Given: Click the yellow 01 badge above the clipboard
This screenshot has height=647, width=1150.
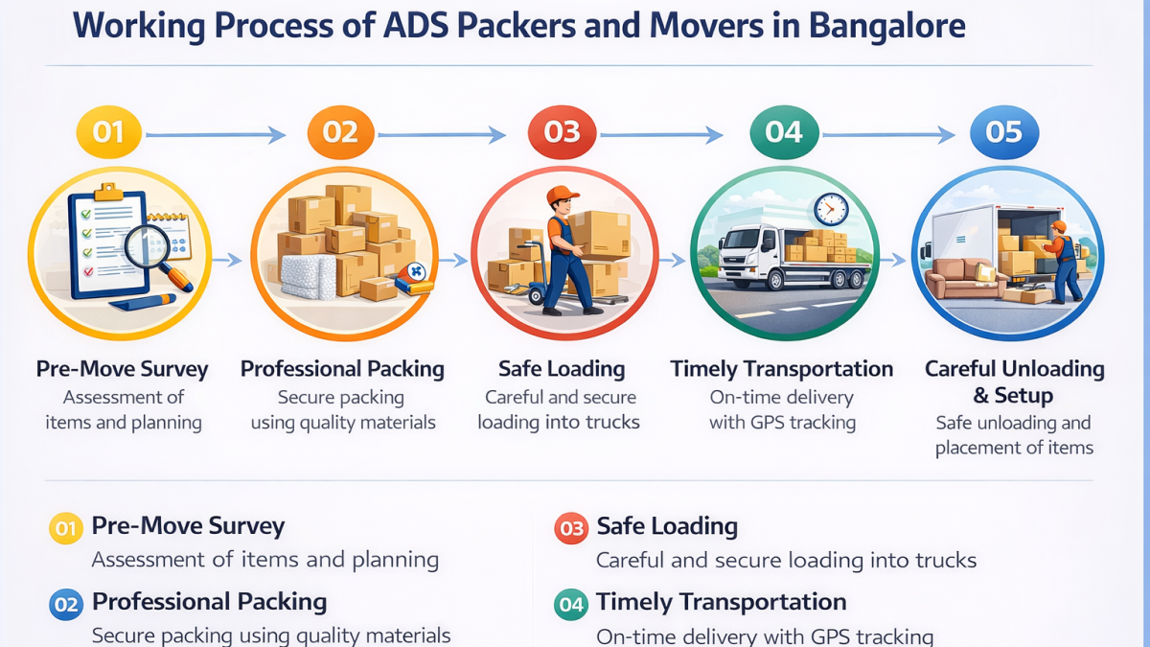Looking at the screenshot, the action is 109,132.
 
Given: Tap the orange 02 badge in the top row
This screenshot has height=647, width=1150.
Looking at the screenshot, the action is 340,132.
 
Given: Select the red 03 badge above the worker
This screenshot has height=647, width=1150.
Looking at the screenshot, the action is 562,132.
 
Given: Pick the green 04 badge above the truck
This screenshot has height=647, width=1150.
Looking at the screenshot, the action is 784,132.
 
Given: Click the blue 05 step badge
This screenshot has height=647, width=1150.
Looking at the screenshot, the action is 1004,132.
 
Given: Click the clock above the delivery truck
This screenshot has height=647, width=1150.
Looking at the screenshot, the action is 831,209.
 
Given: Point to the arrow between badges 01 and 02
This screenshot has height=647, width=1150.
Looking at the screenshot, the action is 216,135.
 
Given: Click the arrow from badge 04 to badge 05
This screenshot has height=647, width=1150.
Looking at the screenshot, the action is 888,135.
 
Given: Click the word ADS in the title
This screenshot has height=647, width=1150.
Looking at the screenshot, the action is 416,25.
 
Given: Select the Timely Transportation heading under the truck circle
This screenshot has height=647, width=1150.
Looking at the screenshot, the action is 782,369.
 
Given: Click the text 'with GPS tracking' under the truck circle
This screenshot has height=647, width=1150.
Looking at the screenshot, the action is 782,422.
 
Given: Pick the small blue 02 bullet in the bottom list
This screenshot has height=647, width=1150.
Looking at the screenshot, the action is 66,605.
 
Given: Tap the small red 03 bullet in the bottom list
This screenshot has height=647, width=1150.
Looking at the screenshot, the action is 571,528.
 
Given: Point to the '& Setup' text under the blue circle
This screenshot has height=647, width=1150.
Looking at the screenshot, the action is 1014,395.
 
